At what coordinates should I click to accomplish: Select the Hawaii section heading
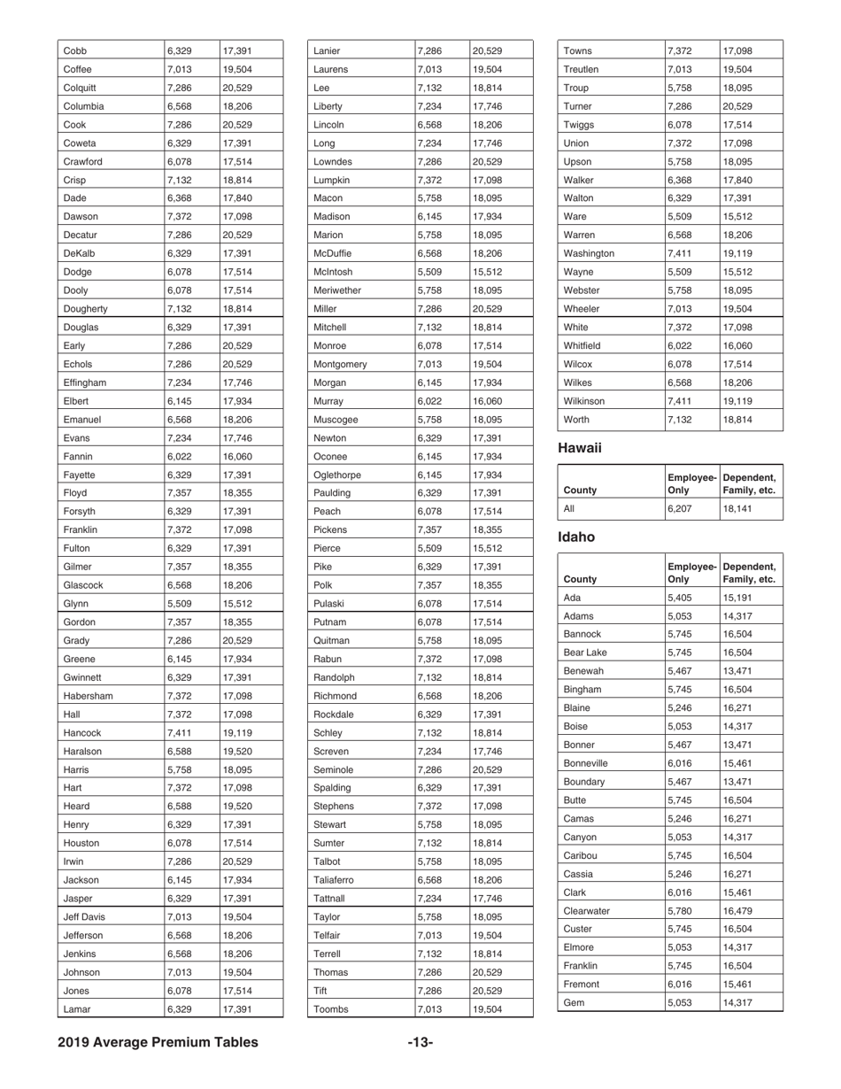click(x=580, y=448)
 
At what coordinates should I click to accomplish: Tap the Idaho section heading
click(x=576, y=537)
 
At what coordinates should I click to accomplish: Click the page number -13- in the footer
click(x=420, y=1042)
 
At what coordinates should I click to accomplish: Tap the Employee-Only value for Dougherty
click(x=180, y=309)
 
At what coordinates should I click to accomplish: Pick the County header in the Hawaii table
click(x=581, y=489)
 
